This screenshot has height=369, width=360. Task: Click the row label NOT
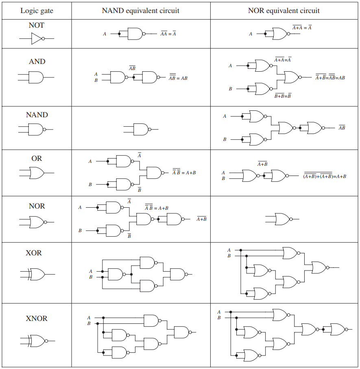pos(37,25)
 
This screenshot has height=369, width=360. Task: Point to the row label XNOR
pos(37,318)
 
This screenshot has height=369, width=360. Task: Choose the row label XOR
pos(34,253)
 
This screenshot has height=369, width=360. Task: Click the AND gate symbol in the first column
pos(36,77)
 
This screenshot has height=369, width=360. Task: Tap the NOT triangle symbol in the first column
pos(36,39)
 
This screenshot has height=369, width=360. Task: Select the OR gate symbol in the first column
pos(36,173)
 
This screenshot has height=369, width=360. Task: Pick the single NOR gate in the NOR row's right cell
pos(282,219)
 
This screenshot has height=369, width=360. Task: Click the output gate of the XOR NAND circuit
pos(177,274)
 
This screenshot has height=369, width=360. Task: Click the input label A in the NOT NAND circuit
pos(105,34)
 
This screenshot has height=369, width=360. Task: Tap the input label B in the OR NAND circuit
pos(90,184)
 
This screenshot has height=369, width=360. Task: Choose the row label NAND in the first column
pos(37,115)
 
